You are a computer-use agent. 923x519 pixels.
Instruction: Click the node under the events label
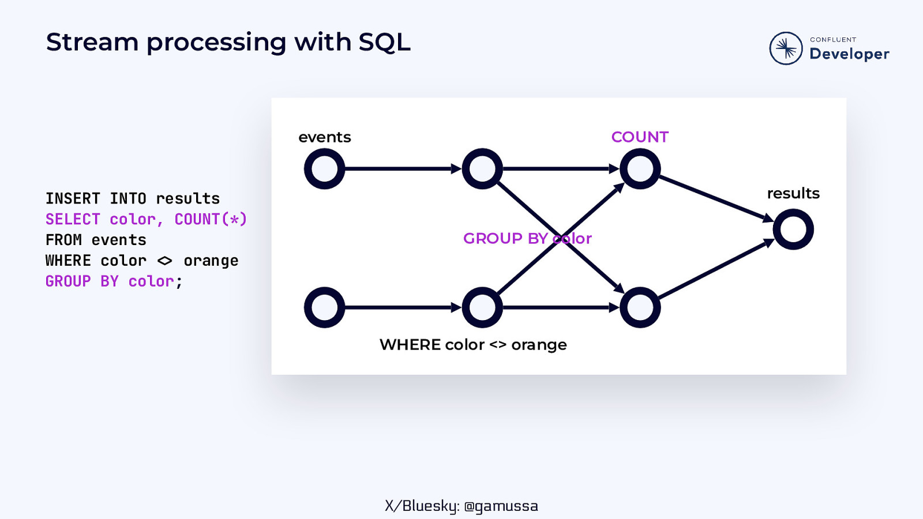click(x=324, y=169)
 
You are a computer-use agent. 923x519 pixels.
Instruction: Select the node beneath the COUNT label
click(x=640, y=169)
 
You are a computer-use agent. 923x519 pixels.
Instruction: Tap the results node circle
click(x=793, y=230)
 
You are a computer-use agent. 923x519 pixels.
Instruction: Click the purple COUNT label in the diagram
click(x=640, y=137)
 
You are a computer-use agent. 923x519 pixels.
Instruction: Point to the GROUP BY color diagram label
click(x=527, y=239)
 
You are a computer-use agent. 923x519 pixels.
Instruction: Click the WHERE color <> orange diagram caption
click(x=473, y=345)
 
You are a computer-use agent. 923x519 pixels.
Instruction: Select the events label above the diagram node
click(x=325, y=137)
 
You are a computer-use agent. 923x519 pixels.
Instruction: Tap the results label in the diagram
click(x=793, y=194)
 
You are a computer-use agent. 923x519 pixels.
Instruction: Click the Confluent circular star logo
click(x=786, y=48)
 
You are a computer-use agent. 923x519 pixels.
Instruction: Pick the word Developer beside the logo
click(x=849, y=54)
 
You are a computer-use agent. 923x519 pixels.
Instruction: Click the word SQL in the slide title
click(x=384, y=43)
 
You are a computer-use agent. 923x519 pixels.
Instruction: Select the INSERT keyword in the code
click(x=73, y=199)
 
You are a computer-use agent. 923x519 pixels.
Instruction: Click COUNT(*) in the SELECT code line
click(x=211, y=220)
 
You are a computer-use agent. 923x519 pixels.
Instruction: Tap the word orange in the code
click(x=211, y=261)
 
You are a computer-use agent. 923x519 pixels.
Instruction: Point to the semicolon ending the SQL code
click(x=179, y=282)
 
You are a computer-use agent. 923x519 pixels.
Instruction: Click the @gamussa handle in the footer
click(x=501, y=506)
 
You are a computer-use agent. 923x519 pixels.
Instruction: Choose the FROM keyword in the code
click(x=63, y=240)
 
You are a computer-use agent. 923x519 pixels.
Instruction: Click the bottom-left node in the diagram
click(x=324, y=307)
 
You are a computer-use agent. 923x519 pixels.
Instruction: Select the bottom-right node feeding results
click(x=640, y=307)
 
